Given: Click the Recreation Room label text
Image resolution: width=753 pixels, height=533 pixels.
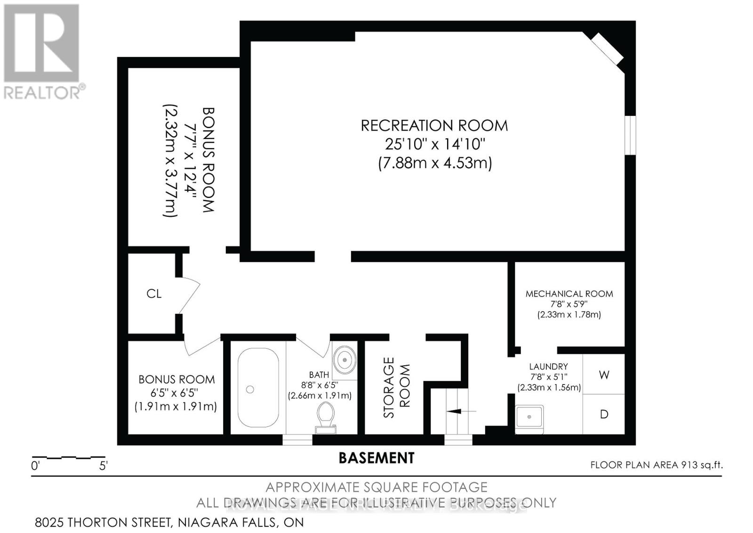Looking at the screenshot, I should pyautogui.click(x=434, y=125).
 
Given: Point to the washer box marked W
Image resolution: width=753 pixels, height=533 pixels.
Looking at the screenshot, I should pyautogui.click(x=604, y=375).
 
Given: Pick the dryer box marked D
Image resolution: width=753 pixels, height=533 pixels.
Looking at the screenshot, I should pyautogui.click(x=604, y=414).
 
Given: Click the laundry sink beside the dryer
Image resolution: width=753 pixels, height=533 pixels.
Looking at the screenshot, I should pyautogui.click(x=529, y=418).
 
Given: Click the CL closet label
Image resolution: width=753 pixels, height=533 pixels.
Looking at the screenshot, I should pyautogui.click(x=154, y=294).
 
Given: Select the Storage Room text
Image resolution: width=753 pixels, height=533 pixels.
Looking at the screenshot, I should pyautogui.click(x=396, y=387).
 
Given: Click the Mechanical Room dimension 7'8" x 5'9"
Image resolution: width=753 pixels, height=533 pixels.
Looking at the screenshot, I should pyautogui.click(x=569, y=304).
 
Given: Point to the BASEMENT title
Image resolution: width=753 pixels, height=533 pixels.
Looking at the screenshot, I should pyautogui.click(x=376, y=458).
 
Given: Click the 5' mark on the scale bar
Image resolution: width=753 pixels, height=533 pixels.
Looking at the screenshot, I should pyautogui.click(x=104, y=466).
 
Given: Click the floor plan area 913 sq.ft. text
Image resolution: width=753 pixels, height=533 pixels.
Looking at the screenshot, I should pyautogui.click(x=656, y=465).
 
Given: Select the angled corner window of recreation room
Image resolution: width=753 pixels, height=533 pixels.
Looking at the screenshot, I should pyautogui.click(x=607, y=49).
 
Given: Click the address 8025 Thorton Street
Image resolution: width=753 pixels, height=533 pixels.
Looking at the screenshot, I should pyautogui.click(x=169, y=522).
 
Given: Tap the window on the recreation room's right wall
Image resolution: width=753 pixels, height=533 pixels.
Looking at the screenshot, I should pyautogui.click(x=630, y=135).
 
